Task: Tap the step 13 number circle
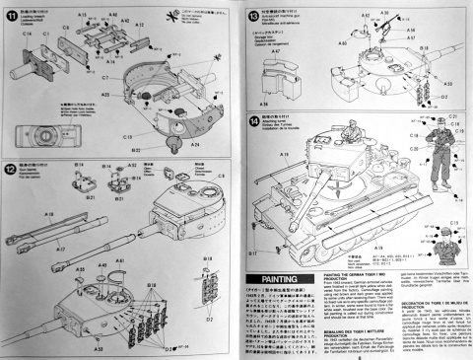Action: coord(251,12)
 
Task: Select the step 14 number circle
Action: coord(252,120)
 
